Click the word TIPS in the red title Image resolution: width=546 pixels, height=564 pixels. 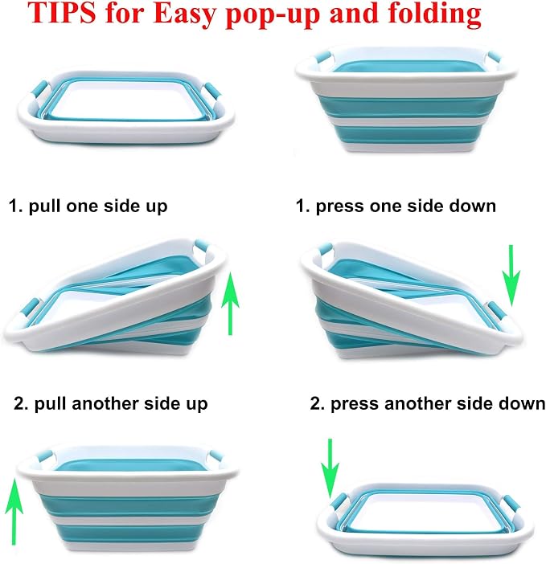(62, 13)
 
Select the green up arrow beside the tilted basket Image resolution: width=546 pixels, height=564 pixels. (230, 303)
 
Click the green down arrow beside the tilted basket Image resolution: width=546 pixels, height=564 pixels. (511, 275)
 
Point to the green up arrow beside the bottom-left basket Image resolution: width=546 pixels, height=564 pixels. (14, 511)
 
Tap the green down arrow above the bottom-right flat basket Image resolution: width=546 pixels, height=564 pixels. (330, 468)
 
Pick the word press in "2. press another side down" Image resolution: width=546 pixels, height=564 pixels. (354, 404)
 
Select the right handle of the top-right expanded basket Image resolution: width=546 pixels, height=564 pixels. (495, 57)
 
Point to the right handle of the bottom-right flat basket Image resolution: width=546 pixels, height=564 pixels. (512, 505)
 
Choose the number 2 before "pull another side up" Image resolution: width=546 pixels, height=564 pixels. (18, 403)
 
